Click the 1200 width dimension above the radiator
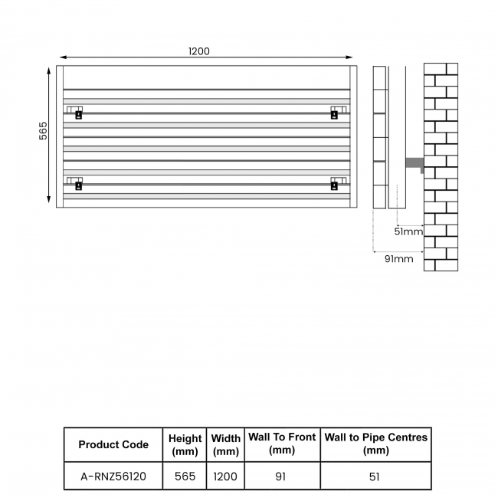tap(198, 51)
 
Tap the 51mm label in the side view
tap(408, 231)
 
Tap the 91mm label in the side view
tap(398, 259)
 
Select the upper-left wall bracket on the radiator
tap(77, 113)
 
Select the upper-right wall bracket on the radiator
tap(335, 113)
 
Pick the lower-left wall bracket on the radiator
tap(77, 184)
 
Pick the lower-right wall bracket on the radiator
tap(335, 184)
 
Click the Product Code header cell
tap(113, 444)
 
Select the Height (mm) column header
tap(185, 444)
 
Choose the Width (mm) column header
tap(225, 444)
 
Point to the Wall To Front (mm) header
tap(282, 444)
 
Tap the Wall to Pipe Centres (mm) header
tap(375, 444)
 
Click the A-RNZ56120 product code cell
tap(113, 476)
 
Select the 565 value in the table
tap(185, 476)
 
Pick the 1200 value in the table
tap(225, 476)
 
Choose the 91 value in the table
tap(281, 476)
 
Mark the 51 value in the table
tap(375, 476)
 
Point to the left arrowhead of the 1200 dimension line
tap(62, 57)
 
